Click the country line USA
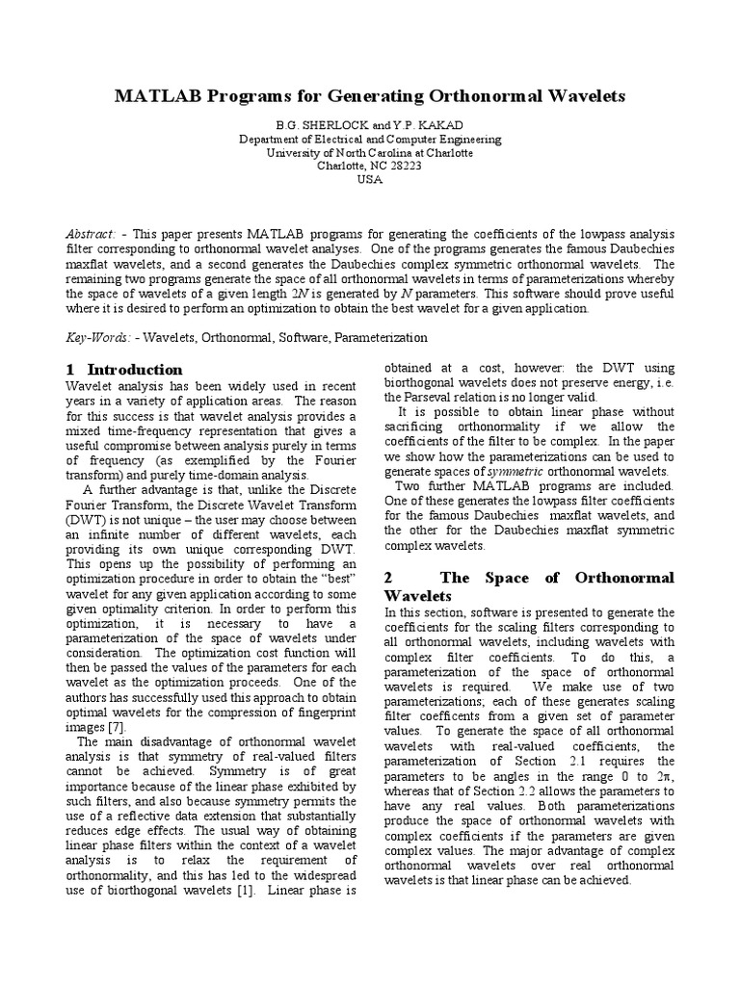[370, 179]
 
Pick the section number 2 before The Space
[388, 578]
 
